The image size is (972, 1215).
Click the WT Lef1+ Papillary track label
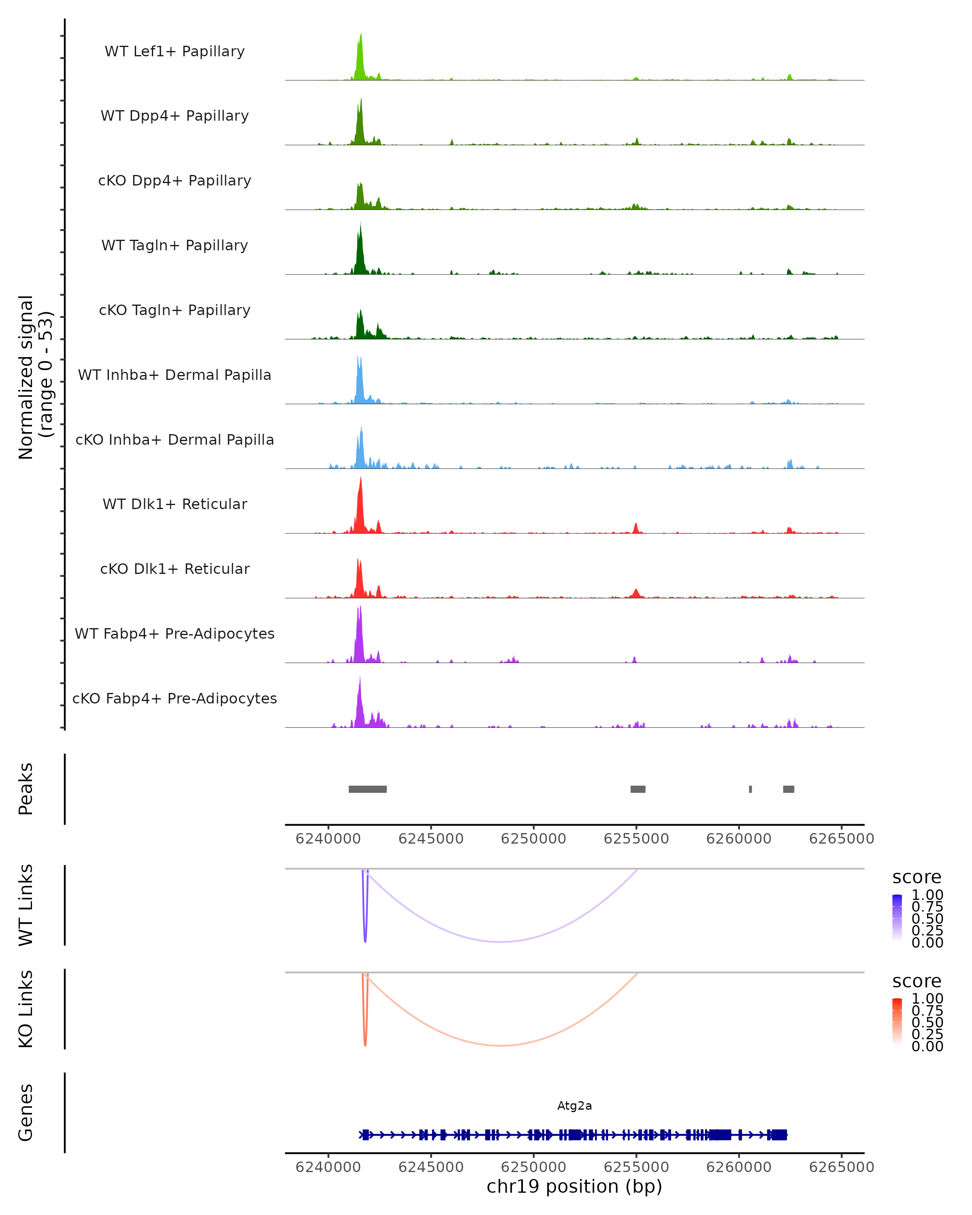[x=175, y=51]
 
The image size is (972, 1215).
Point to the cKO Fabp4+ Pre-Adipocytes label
[x=175, y=698]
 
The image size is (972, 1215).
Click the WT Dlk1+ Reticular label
[x=175, y=504]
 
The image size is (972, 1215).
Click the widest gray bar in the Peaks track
[x=367, y=789]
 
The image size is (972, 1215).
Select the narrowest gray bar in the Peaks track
[x=750, y=789]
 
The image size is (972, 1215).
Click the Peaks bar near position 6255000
[x=638, y=789]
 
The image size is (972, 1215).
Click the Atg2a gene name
[x=574, y=1106]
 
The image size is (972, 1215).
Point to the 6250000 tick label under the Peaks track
[x=533, y=839]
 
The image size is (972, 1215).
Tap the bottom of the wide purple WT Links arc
[x=501, y=942]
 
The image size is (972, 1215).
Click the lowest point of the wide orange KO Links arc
[x=501, y=1045]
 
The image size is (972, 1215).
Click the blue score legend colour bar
[x=897, y=917]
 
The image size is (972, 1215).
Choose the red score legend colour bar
[x=897, y=1021]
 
